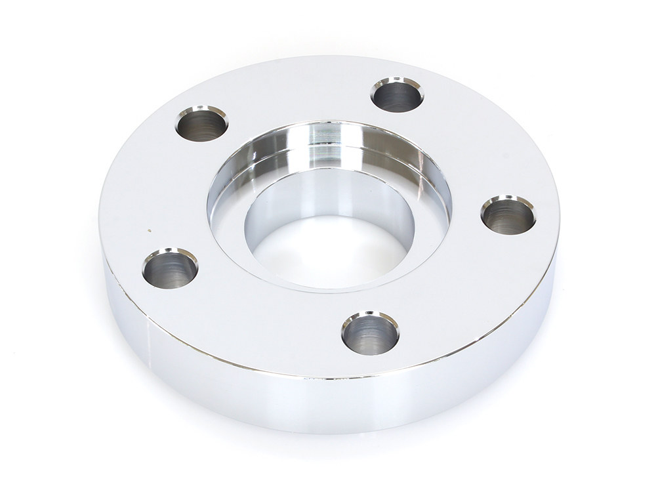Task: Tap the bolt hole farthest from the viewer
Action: [397, 96]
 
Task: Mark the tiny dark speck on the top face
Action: [150, 230]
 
